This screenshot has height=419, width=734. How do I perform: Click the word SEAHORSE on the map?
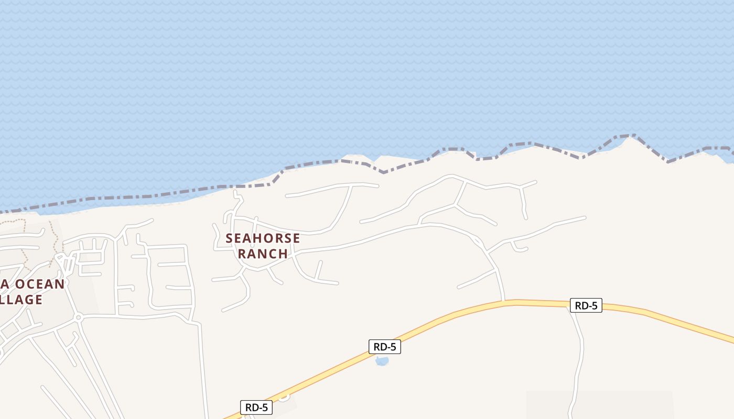point(263,238)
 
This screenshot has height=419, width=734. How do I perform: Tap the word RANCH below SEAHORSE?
point(263,253)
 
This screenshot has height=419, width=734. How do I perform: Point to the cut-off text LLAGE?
point(21,300)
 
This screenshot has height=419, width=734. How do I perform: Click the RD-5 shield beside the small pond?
point(384,347)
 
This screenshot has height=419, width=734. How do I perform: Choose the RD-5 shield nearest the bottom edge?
point(256,407)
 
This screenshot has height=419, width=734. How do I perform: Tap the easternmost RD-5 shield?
point(586,305)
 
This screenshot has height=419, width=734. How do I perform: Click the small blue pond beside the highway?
point(382,361)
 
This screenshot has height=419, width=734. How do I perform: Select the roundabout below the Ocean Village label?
point(78,317)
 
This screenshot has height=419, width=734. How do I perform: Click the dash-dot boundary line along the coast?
point(157,194)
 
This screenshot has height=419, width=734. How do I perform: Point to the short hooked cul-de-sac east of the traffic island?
point(519,248)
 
